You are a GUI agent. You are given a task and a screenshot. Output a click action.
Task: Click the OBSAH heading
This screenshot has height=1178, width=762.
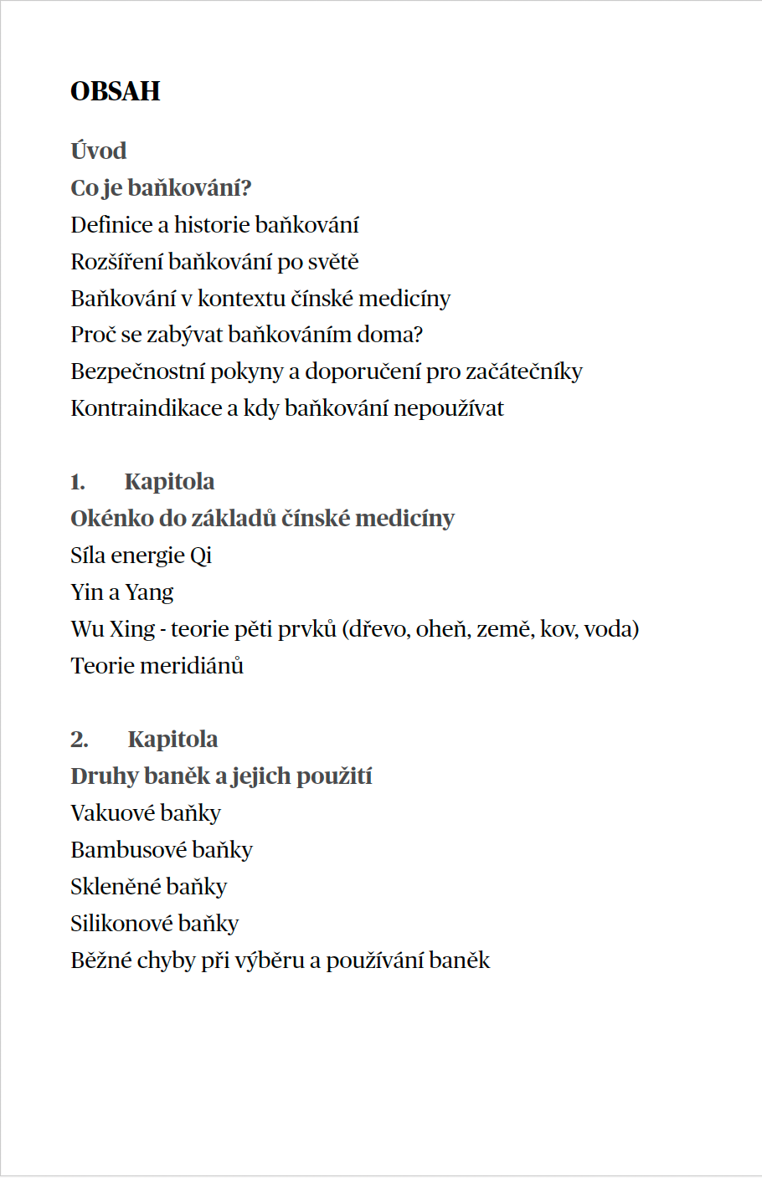click(x=116, y=91)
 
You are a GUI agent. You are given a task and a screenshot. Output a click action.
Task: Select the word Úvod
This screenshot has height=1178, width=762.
click(x=99, y=151)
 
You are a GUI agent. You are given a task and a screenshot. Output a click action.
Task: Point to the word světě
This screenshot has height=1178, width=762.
click(x=333, y=262)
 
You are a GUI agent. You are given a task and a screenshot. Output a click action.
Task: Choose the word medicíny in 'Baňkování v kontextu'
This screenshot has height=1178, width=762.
click(x=410, y=299)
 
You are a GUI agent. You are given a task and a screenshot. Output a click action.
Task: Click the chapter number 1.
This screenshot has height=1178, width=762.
click(x=77, y=483)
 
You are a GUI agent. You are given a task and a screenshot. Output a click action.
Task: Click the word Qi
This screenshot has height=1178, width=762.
click(x=201, y=556)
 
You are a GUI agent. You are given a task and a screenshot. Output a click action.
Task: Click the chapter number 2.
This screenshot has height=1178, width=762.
click(x=79, y=740)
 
